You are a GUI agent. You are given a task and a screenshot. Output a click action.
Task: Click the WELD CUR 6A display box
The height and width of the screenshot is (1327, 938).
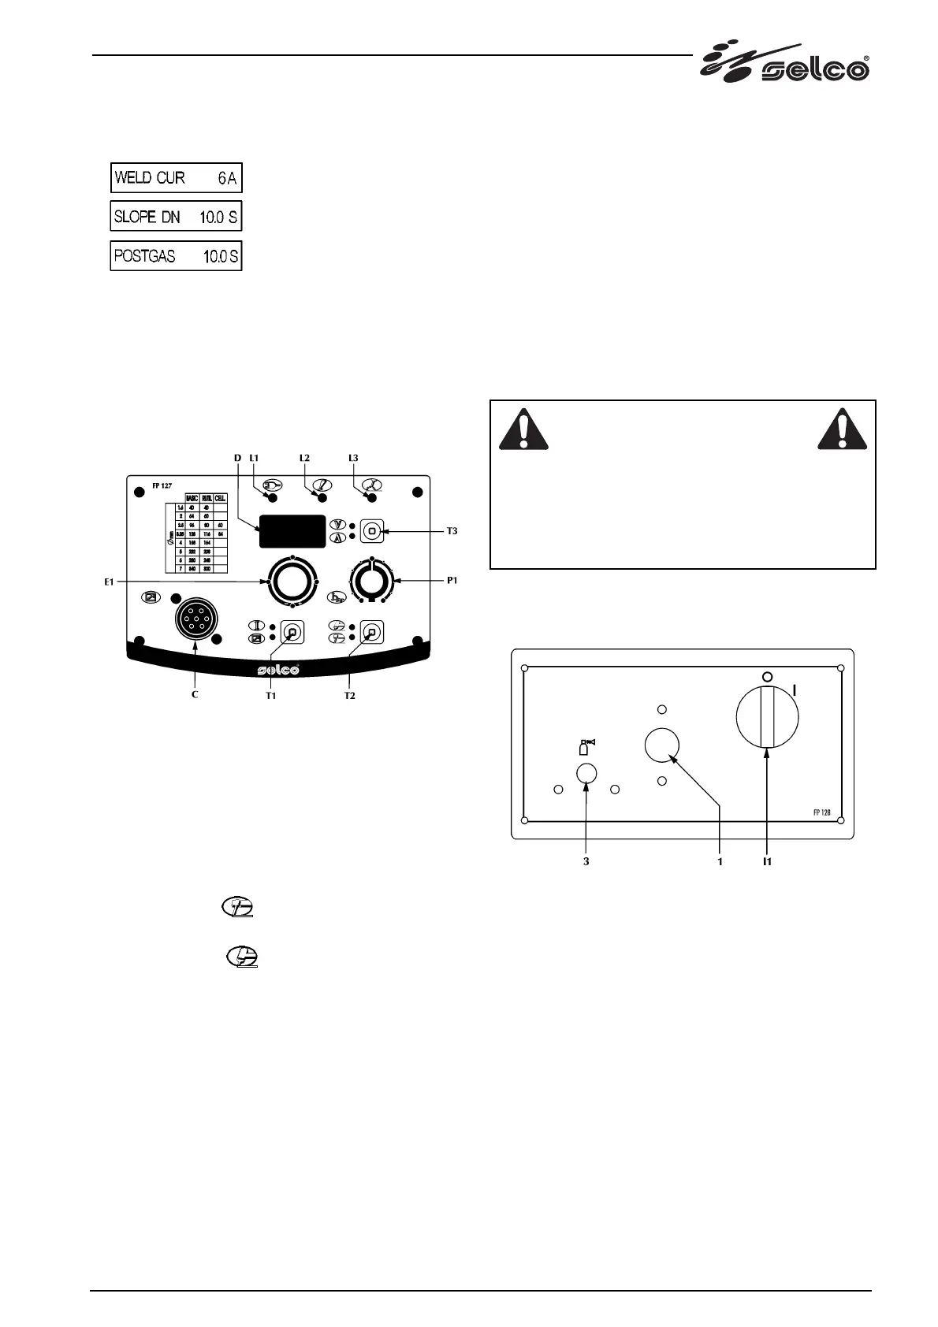tap(176, 178)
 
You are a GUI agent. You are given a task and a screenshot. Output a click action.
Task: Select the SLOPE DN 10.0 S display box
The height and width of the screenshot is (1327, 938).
tap(176, 217)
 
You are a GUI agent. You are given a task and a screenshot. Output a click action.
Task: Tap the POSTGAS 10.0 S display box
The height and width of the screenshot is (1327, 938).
tap(176, 256)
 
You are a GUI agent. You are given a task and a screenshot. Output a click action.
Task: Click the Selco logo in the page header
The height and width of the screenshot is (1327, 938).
tap(785, 64)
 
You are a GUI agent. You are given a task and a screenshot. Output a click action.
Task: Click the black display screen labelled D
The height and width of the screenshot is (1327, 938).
tap(292, 531)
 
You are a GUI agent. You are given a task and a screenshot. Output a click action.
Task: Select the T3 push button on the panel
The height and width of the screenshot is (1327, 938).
tap(371, 531)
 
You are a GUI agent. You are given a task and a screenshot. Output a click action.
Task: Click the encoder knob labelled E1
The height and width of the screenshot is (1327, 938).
tap(292, 582)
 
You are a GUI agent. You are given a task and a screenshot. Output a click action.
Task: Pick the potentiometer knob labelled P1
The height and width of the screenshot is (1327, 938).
tap(372, 582)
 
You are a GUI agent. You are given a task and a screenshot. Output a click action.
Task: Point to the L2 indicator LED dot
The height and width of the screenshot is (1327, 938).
tap(322, 498)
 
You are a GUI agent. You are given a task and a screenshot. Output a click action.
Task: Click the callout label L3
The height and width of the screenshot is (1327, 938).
tap(353, 458)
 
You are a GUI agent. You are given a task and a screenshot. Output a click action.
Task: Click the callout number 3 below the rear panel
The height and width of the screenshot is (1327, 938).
tap(586, 861)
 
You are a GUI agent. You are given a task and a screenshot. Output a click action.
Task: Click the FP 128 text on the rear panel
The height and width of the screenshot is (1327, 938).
tap(822, 812)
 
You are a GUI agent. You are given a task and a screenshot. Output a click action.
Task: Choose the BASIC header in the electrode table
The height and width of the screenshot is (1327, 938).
tap(192, 498)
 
